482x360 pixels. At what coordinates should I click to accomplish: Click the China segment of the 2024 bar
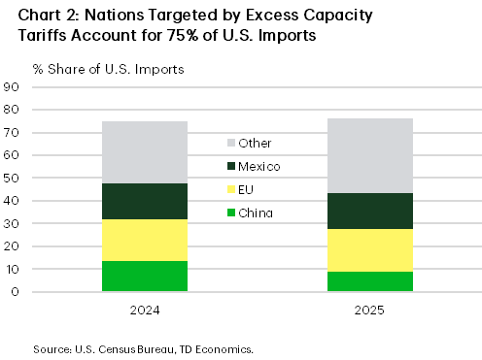(x=145, y=277)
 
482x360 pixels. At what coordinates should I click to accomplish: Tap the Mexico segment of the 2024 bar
(x=145, y=201)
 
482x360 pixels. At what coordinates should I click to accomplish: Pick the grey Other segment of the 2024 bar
(x=145, y=151)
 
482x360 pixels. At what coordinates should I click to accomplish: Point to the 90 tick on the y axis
(x=14, y=87)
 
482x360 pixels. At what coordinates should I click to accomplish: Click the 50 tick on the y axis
(x=14, y=179)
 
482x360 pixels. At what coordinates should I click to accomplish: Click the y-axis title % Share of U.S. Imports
(x=94, y=70)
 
